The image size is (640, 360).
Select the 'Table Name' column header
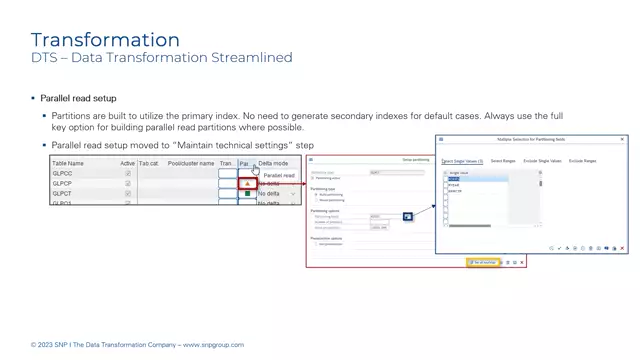pyautogui.click(x=69, y=163)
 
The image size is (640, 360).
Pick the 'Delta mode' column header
pyautogui.click(x=273, y=163)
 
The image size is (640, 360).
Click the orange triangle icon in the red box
pyautogui.click(x=247, y=184)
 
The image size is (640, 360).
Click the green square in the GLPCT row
pyautogui.click(x=247, y=194)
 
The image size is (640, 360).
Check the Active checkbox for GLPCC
pyautogui.click(x=127, y=174)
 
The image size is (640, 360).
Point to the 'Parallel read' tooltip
pyautogui.click(x=279, y=175)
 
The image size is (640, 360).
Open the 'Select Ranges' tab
pyautogui.click(x=503, y=160)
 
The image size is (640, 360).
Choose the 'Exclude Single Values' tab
pyautogui.click(x=542, y=160)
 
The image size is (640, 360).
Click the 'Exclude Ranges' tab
pyautogui.click(x=583, y=160)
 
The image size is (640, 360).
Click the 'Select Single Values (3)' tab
pyautogui.click(x=462, y=160)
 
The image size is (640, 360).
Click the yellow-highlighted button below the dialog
pyautogui.click(x=484, y=263)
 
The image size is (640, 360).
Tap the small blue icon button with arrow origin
pyautogui.click(x=408, y=216)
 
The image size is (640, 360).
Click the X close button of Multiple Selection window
pyautogui.click(x=623, y=140)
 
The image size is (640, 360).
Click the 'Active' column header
pyautogui.click(x=127, y=163)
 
